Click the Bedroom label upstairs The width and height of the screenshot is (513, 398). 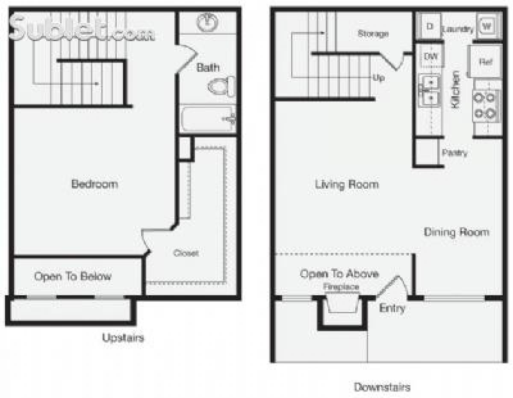[x=94, y=184]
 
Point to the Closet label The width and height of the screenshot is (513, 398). [x=186, y=253]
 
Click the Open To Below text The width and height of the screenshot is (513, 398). [x=73, y=276]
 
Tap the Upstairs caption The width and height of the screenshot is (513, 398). [x=123, y=338]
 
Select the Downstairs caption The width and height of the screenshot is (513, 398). [x=382, y=387]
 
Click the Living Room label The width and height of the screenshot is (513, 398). [x=347, y=184]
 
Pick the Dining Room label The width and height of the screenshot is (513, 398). [x=456, y=232]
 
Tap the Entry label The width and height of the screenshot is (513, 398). [x=392, y=308]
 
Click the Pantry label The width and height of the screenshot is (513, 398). [x=455, y=153]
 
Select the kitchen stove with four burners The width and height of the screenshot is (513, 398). [x=486, y=107]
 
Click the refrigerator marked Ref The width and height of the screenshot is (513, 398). [x=485, y=62]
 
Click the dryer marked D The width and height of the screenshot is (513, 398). [x=429, y=26]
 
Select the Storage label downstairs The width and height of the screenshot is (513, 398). [x=373, y=33]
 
